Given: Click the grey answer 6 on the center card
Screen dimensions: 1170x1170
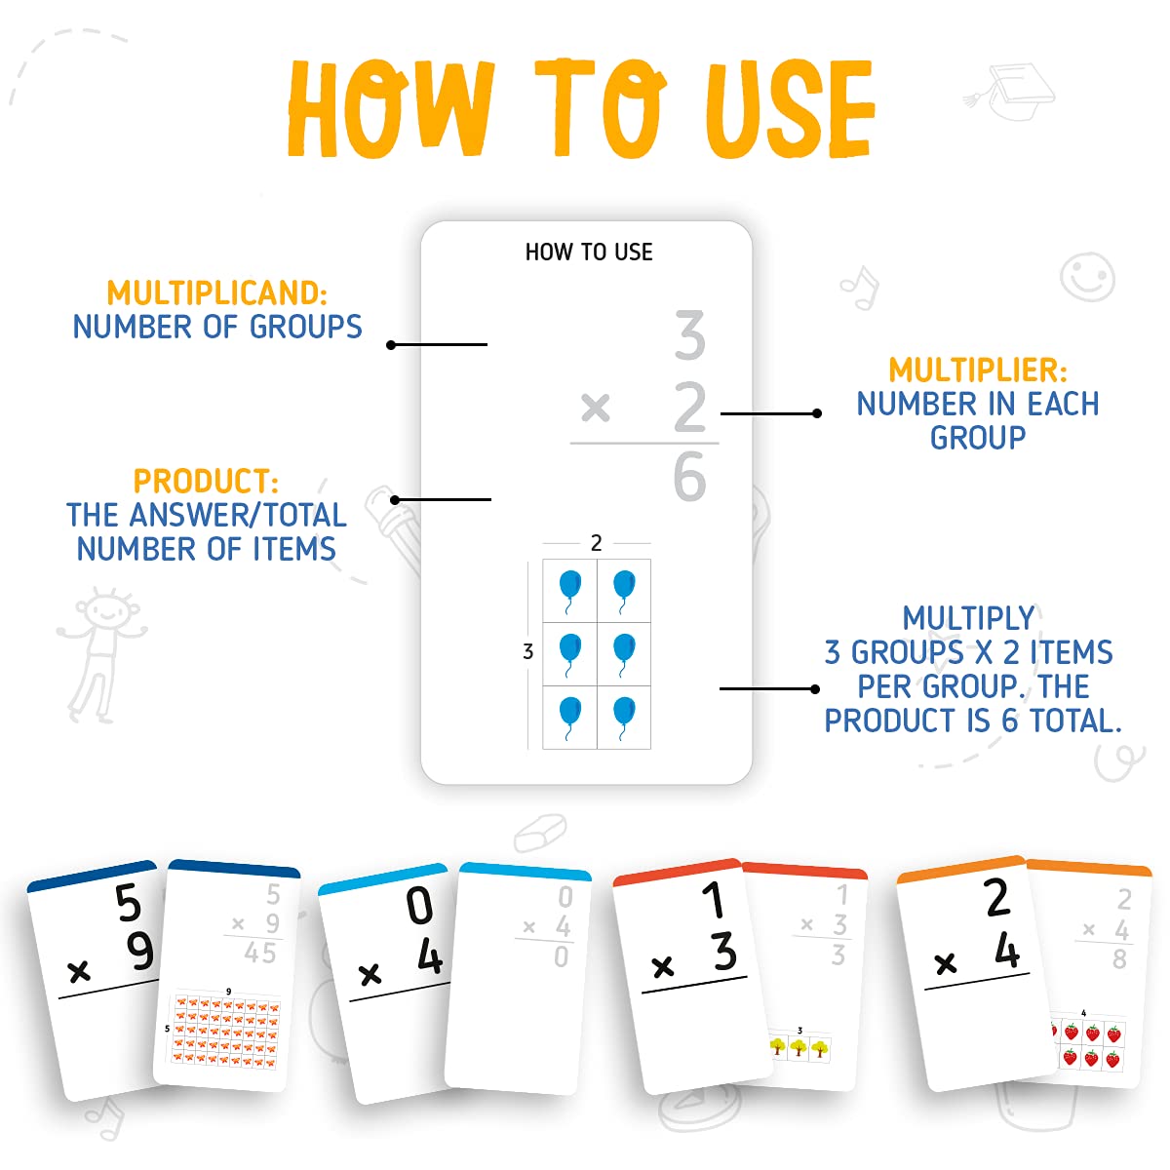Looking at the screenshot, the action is click(689, 477).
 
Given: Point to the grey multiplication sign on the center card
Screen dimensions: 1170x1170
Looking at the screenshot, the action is click(595, 407).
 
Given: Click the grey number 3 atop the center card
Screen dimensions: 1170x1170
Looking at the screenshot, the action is click(689, 334).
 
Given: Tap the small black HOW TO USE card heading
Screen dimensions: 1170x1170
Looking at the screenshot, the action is click(589, 252).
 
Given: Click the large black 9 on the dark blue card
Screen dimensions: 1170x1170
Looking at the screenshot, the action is click(139, 952).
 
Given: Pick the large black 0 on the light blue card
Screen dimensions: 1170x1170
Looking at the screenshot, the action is click(419, 905).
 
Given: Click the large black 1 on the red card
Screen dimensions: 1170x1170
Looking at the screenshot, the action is click(714, 900).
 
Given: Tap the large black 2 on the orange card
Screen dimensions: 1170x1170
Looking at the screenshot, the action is click(997, 896).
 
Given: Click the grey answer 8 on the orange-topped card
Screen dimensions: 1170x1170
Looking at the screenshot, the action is click(1119, 959).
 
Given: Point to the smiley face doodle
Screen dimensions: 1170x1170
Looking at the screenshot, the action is click(1087, 277).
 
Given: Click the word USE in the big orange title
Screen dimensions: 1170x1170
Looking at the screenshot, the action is click(790, 108).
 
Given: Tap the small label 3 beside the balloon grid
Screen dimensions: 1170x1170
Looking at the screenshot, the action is click(527, 651).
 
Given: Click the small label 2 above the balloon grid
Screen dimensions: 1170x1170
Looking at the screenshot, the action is click(597, 543).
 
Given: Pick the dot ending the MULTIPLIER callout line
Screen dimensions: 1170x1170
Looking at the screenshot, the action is click(817, 413).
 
